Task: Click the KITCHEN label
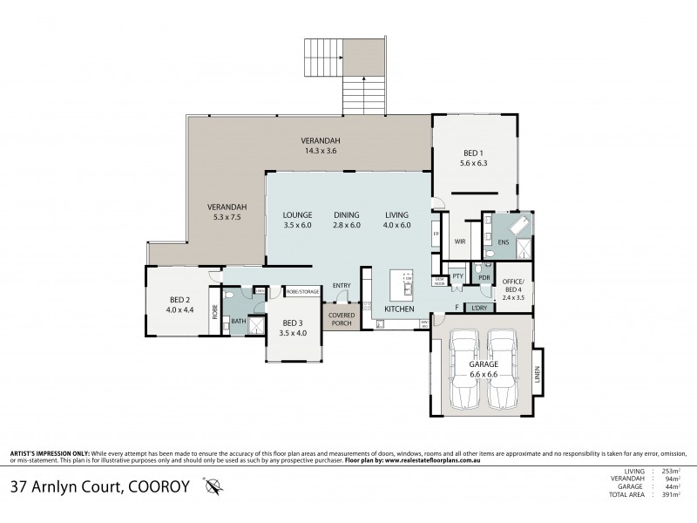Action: coord(400,309)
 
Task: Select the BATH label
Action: coord(238,321)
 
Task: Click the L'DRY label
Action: coord(477,308)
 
